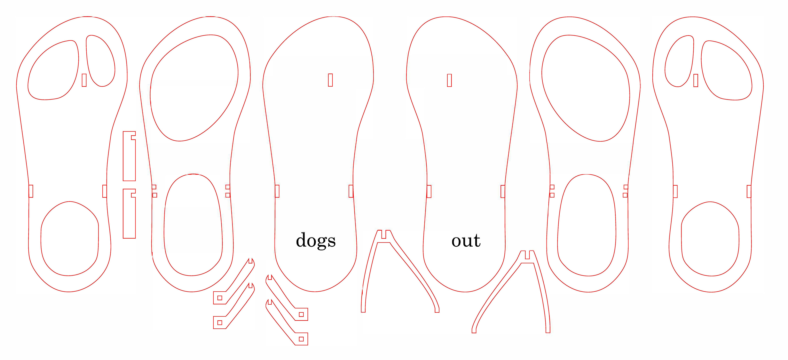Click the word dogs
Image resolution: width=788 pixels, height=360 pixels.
[x=316, y=240]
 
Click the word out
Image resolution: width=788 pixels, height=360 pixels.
[x=466, y=240]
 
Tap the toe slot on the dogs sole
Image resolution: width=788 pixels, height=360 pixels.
[x=330, y=80]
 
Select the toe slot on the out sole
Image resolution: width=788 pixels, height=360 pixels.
[x=449, y=80]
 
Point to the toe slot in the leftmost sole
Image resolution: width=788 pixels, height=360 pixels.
[x=84, y=80]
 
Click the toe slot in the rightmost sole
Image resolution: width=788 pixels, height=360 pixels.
[x=696, y=80]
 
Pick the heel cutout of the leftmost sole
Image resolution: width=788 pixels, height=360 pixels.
[x=70, y=239]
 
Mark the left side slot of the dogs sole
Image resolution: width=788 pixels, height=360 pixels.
[x=277, y=191]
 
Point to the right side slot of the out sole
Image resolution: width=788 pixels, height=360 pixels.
[x=503, y=191]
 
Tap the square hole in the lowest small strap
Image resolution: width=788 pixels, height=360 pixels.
[x=301, y=339]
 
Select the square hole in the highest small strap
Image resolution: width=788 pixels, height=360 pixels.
[x=220, y=298]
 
